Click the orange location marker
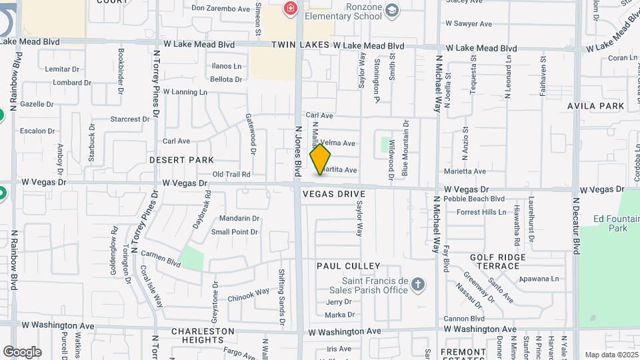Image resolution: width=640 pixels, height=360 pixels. [x=320, y=159]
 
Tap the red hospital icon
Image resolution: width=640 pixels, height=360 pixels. [x=291, y=9]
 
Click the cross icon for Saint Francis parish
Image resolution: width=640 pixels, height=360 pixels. [x=418, y=285]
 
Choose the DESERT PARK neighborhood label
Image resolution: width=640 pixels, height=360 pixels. [x=181, y=160]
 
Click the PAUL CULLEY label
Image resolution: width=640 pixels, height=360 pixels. [x=348, y=266]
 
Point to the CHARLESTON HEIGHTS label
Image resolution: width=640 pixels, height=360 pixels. [x=203, y=335]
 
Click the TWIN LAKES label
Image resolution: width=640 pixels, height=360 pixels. [x=300, y=45]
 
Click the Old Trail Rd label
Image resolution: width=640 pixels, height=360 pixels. [x=231, y=174]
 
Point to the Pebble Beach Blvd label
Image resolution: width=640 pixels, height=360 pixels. [x=475, y=199]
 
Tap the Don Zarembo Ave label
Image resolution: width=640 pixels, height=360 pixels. [x=221, y=9]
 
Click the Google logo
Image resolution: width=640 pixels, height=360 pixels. [x=22, y=351]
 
